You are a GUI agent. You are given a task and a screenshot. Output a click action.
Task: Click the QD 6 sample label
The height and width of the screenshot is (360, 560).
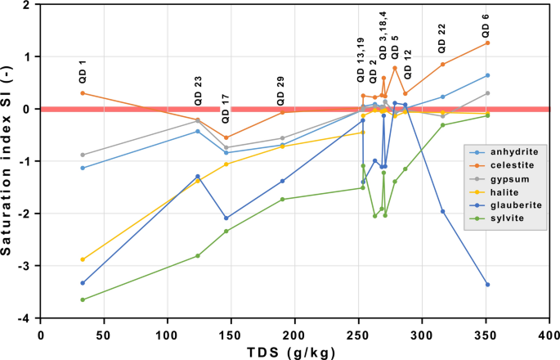pyautogui.click(x=486, y=28)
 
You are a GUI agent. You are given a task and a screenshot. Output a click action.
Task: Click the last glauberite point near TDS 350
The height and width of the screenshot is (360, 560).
pyautogui.click(x=487, y=285)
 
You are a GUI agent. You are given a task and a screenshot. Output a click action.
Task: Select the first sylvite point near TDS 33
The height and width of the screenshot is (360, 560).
pyautogui.click(x=83, y=299)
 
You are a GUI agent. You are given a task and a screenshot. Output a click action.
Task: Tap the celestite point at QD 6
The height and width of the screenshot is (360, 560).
pyautogui.click(x=487, y=43)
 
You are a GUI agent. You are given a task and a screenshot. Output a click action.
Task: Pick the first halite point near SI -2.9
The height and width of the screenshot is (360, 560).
pyautogui.click(x=83, y=259)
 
